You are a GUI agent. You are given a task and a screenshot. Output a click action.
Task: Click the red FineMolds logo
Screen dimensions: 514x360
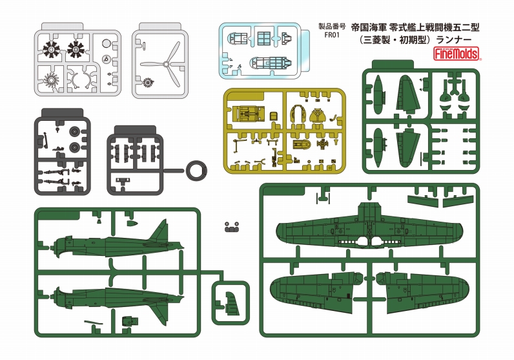point(457,54)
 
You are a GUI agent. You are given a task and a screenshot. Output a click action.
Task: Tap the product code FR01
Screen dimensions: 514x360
point(331,35)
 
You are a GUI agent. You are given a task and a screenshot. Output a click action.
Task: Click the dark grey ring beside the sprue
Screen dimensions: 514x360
point(196,171)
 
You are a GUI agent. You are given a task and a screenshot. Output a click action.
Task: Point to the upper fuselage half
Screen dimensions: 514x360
point(117,240)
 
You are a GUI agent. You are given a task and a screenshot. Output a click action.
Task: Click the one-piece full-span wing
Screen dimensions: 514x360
point(369,229)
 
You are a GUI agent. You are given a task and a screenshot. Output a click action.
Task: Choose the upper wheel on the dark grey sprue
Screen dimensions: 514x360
point(75,132)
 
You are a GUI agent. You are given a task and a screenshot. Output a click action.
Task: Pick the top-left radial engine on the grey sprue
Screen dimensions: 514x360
point(52,50)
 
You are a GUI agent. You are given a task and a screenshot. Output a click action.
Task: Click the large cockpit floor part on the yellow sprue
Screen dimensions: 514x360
point(247,114)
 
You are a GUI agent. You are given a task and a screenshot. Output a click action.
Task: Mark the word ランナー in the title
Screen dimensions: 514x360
point(454,39)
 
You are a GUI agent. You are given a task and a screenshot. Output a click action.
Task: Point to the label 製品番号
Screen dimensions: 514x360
point(332,26)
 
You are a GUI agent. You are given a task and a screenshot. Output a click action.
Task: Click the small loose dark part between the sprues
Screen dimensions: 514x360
point(232,227)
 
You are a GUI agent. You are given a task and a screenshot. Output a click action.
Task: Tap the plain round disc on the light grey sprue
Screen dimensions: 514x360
point(107,44)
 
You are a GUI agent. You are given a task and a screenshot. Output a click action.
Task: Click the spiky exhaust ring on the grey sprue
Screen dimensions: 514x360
point(51,79)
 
